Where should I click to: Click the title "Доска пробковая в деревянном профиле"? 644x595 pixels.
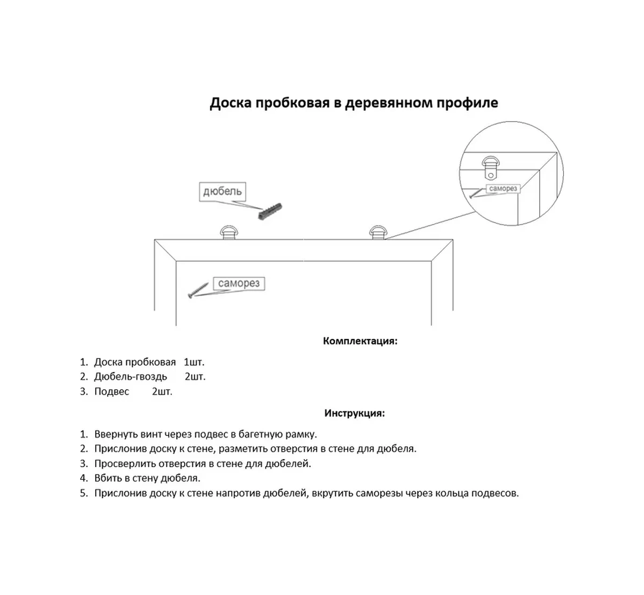pos(354,103)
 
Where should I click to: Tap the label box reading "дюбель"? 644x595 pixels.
pos(222,191)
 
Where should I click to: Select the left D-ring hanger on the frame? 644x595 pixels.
pos(228,233)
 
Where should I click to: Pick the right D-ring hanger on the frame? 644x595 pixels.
pos(377,233)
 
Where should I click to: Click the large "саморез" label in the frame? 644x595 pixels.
pos(239,283)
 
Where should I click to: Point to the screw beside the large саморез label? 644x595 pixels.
pos(198,291)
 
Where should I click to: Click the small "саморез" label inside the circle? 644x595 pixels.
pos(503,189)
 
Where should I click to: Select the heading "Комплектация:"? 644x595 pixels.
pos(360,341)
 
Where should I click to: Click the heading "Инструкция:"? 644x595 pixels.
pos(354,413)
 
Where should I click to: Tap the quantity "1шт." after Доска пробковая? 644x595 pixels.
pos(194,362)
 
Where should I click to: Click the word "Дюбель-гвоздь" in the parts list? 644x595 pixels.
pos(131,377)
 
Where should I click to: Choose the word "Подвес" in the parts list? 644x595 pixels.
pos(112,392)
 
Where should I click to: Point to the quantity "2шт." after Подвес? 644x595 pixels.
pos(162,392)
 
